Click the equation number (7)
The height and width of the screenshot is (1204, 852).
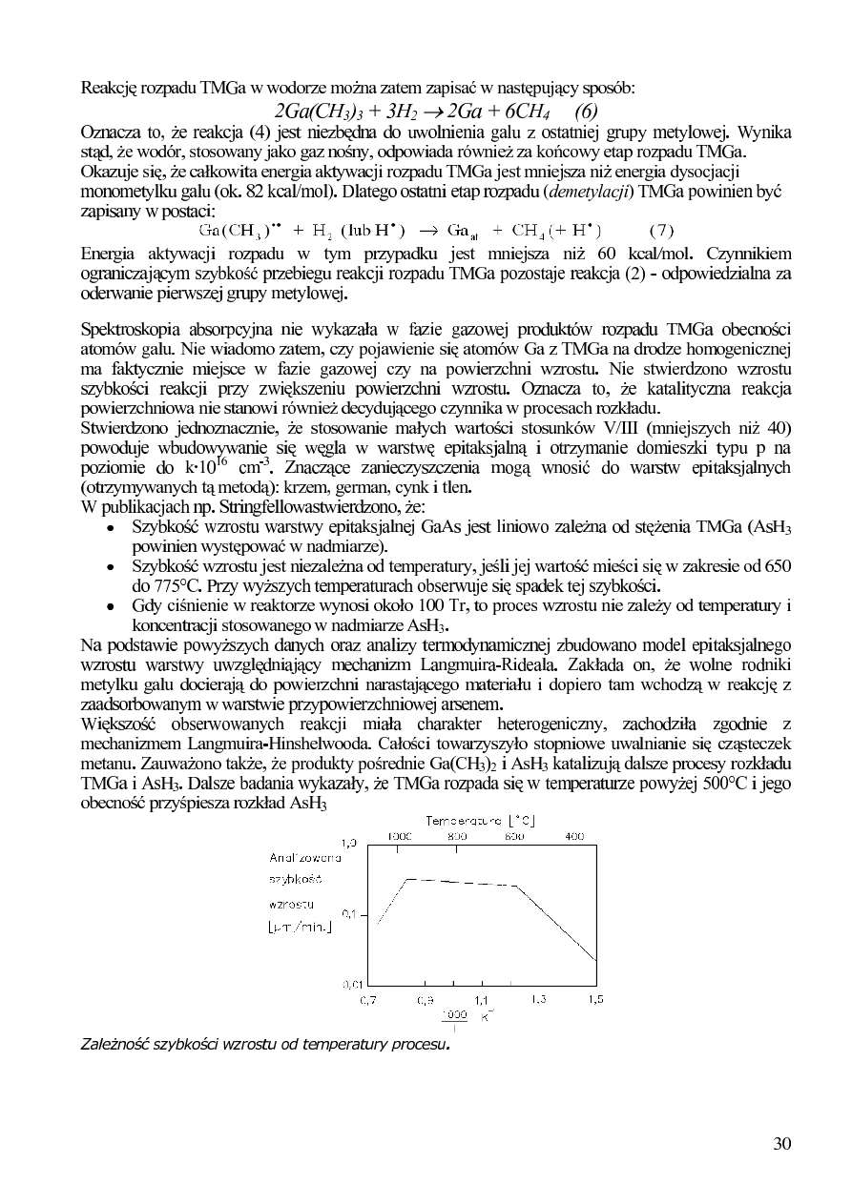[661, 230]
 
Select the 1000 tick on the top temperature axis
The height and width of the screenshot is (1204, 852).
[399, 835]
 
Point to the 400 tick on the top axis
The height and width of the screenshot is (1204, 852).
[573, 835]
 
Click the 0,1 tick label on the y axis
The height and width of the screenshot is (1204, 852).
[349, 914]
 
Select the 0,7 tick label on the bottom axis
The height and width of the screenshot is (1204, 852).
[367, 1000]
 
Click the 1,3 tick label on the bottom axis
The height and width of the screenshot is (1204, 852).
[538, 1000]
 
